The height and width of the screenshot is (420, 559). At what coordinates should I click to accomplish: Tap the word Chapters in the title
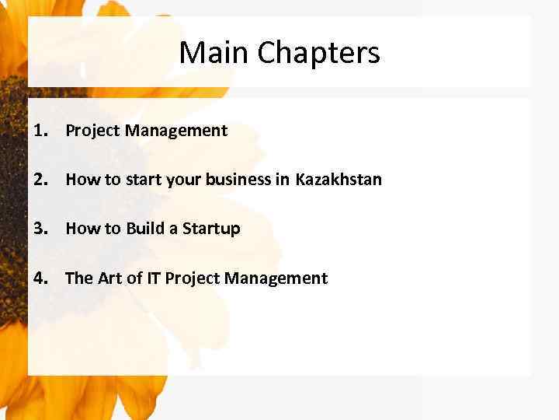(318, 54)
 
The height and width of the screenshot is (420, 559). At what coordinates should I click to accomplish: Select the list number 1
(40, 130)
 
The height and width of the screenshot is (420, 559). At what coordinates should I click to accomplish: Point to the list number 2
(40, 179)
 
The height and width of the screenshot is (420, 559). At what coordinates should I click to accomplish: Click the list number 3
(40, 228)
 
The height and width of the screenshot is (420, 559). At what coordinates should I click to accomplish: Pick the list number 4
(40, 278)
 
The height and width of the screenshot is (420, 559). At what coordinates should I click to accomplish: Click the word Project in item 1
(92, 131)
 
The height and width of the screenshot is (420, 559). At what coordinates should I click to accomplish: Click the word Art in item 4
(109, 278)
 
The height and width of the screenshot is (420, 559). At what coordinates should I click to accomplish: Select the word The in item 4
(79, 278)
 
